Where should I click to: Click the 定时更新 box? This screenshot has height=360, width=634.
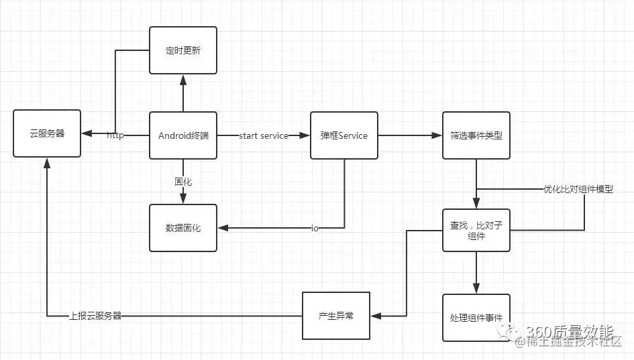(182, 50)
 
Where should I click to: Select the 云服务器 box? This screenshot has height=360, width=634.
(47, 134)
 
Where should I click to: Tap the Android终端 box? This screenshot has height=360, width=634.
(182, 135)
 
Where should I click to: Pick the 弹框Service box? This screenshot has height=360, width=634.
(344, 135)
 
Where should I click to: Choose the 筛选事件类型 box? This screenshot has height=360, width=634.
(476, 135)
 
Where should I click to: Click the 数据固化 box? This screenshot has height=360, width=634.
(182, 228)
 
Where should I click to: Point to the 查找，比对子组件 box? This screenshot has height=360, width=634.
(476, 230)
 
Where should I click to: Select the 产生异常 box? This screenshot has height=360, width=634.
(335, 316)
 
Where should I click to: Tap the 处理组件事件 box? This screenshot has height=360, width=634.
(476, 317)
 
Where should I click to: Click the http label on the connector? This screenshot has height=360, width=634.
(115, 135)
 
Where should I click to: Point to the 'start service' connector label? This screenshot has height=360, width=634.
(264, 135)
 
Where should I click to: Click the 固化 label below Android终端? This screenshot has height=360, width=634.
(183, 181)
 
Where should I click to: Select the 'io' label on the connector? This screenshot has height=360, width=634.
(315, 229)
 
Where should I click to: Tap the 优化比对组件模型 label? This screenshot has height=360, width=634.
(578, 190)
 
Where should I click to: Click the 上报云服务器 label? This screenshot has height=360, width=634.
(95, 316)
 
